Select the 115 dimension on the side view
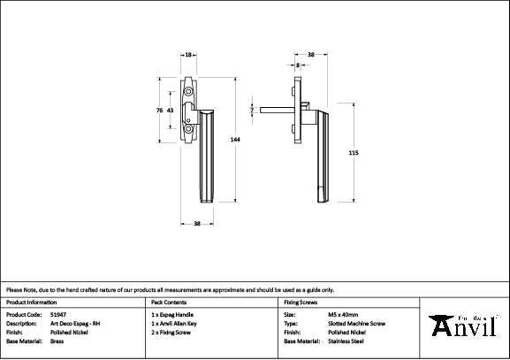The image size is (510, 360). click(354, 153)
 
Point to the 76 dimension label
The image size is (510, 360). click(158, 111)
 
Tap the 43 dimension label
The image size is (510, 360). click(170, 111)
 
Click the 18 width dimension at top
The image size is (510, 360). click(189, 55)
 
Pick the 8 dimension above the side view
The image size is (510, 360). click(298, 65)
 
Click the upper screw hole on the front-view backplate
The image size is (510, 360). click(188, 91)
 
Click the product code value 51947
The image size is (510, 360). click(58, 314)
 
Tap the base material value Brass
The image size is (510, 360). click(57, 341)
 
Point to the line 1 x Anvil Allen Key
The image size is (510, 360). click(177, 323)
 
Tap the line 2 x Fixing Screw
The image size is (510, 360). click(172, 332)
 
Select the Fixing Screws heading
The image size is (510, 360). click(301, 302)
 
